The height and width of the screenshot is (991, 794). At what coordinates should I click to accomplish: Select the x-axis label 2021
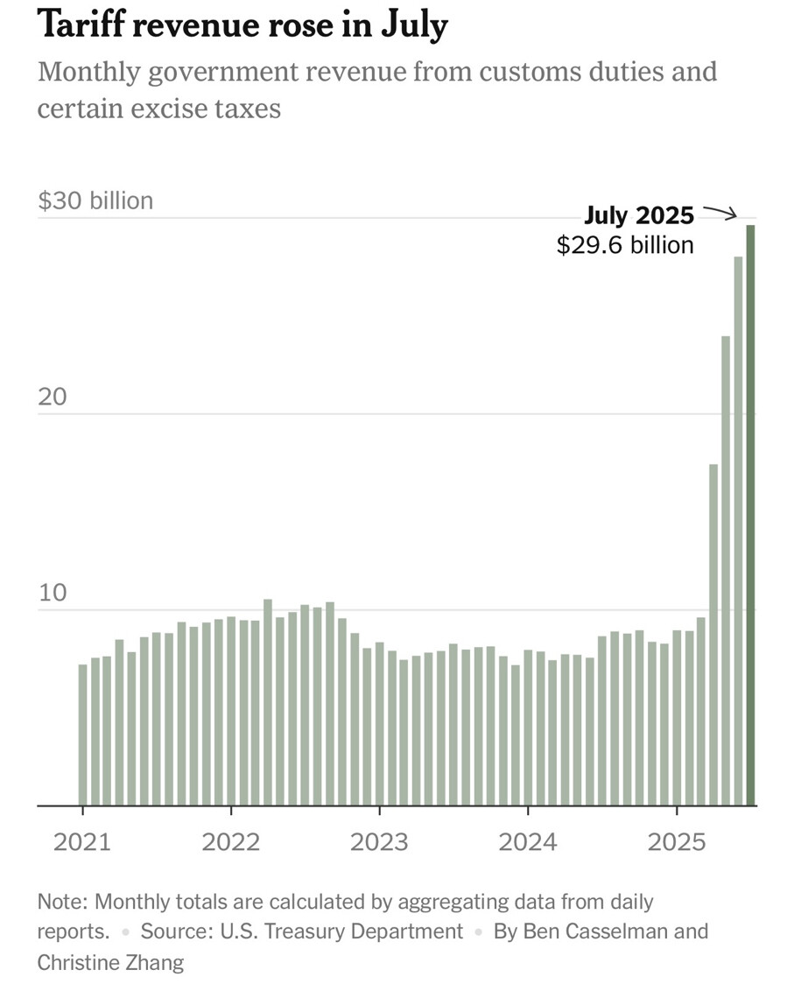click(82, 842)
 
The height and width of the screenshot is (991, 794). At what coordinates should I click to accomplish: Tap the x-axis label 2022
click(231, 842)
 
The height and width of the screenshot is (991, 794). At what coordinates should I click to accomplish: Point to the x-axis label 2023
click(379, 842)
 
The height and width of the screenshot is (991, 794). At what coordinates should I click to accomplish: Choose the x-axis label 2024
click(527, 842)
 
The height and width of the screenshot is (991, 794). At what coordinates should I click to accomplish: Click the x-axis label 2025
click(676, 842)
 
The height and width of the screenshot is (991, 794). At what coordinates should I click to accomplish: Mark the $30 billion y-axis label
click(95, 200)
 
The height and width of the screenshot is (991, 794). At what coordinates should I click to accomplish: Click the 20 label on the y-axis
click(53, 397)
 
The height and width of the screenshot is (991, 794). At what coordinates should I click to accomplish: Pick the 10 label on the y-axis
click(53, 593)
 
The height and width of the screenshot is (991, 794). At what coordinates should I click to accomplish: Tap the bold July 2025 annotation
click(639, 215)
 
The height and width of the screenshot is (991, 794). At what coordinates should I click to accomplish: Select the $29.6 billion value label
click(625, 245)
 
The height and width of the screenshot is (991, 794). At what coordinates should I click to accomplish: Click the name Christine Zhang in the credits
click(110, 962)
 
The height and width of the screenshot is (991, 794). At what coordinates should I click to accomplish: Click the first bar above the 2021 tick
click(83, 734)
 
